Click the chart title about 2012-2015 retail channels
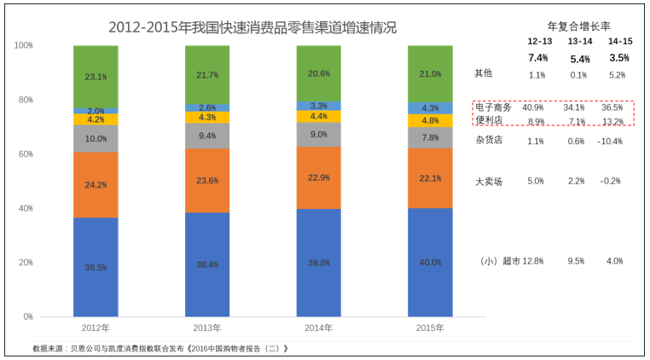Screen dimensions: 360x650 [252, 27]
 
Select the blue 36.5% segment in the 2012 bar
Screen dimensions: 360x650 [96, 266]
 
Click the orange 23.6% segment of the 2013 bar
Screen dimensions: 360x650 [207, 180]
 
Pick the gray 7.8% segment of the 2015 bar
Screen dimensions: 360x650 [430, 137]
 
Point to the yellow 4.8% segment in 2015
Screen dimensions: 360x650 [430, 120]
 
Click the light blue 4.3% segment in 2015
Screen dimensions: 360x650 [430, 108]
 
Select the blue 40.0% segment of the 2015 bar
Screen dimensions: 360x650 [430, 262]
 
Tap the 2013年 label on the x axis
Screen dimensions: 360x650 [207, 328]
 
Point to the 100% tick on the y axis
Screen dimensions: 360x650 [23, 45]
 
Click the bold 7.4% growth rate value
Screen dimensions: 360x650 [537, 58]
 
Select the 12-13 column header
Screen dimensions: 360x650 [539, 41]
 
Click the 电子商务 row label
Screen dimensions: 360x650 [493, 107]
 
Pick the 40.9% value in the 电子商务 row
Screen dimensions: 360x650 [534, 107]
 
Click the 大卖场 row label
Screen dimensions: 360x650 [489, 182]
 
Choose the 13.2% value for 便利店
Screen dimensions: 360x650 [613, 122]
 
